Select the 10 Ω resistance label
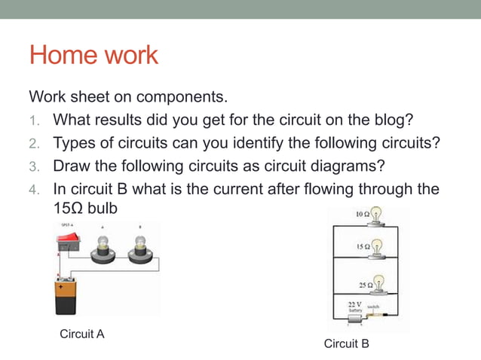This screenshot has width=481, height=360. [x=363, y=215]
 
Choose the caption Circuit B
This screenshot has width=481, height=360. [x=346, y=343]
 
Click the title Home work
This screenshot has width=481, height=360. [x=93, y=55]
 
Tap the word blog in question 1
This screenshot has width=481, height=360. [x=394, y=120]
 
